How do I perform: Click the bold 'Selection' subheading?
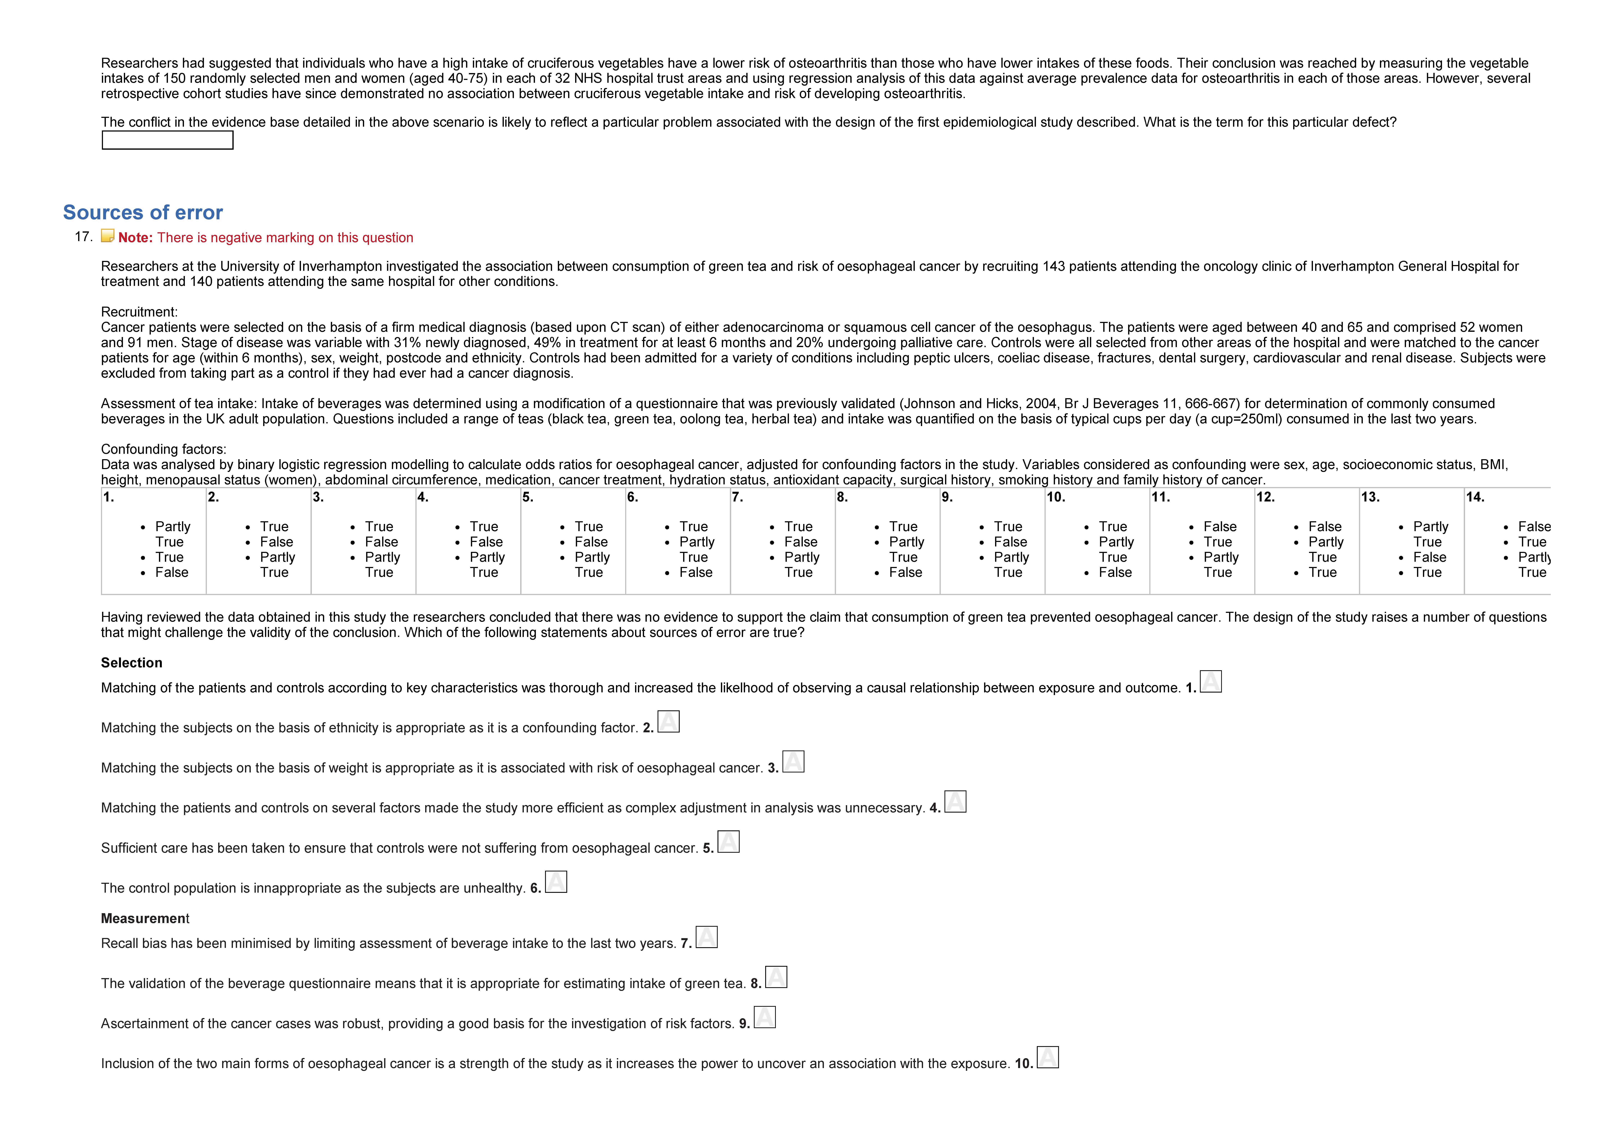[x=132, y=663]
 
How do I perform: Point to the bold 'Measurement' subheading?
[x=145, y=918]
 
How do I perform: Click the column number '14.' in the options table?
[x=1475, y=497]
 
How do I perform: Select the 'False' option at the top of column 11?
[x=1220, y=527]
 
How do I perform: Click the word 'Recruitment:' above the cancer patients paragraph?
[x=139, y=312]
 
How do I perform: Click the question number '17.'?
[x=83, y=236]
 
